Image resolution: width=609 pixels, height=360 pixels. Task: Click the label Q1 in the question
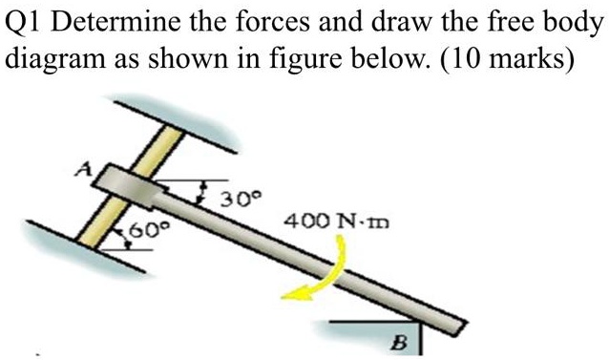point(26,20)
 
